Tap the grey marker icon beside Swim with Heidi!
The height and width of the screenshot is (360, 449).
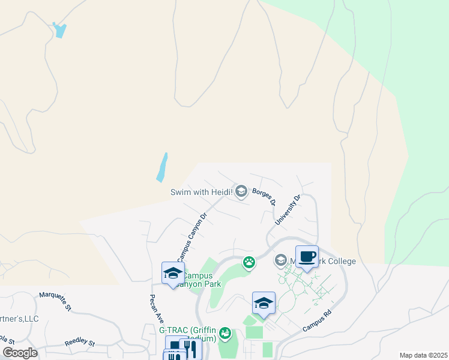point(241,191)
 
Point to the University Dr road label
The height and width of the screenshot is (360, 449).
point(288,210)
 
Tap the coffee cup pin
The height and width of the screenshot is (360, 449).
point(307,257)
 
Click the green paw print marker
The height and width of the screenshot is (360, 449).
point(249,262)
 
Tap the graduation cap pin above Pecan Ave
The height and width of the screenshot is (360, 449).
point(173,274)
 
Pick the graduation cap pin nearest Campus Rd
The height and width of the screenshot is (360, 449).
point(264,304)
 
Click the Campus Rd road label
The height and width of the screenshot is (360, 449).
point(317,321)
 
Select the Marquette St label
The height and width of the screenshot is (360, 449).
point(55,301)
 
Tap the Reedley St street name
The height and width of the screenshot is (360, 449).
point(79,343)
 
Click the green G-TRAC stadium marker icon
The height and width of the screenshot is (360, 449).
point(225,332)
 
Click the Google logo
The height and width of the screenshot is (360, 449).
point(20,353)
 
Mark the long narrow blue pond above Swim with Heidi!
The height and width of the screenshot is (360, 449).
point(161,167)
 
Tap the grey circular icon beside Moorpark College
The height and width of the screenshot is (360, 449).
point(280,260)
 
